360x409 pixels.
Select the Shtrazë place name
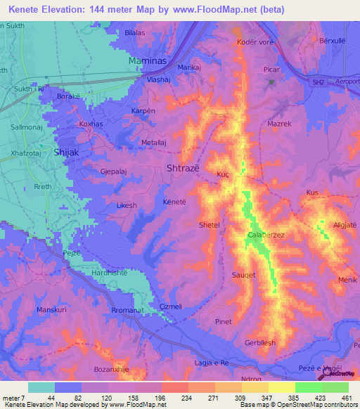tap(183, 168)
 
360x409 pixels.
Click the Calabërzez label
tap(266, 235)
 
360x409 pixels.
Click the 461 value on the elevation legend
tap(347, 397)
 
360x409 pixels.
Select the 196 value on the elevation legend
tap(161, 397)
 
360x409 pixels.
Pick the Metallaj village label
tap(157, 142)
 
